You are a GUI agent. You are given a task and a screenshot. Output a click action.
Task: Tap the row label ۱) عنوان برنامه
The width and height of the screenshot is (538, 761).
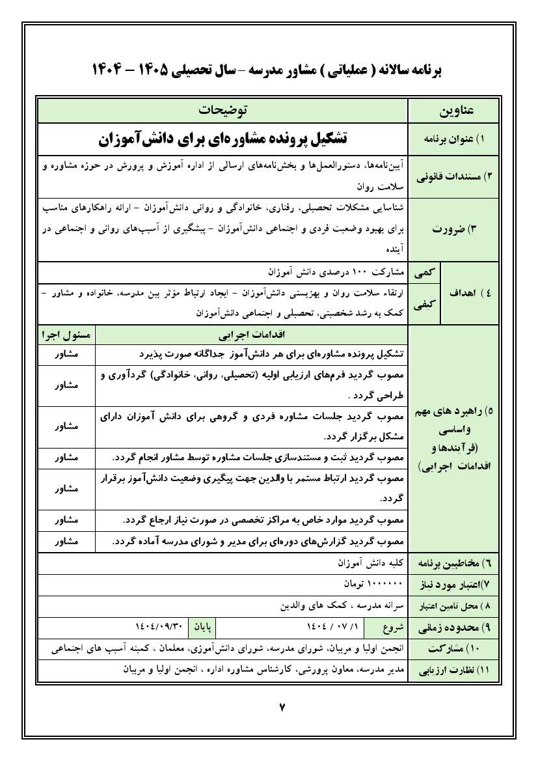453,140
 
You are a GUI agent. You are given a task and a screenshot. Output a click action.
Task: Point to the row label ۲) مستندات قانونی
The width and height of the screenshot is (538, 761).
453,176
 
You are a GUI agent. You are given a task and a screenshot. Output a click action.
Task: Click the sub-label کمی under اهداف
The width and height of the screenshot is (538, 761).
425,271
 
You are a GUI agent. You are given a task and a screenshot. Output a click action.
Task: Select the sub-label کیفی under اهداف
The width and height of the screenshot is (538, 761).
424,303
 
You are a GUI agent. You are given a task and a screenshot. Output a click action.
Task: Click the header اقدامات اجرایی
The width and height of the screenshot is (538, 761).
251,336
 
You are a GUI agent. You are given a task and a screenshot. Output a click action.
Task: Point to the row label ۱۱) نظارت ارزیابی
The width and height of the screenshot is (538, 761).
453,670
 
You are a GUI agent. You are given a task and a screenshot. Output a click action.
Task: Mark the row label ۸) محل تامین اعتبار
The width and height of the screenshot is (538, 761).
453,605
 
